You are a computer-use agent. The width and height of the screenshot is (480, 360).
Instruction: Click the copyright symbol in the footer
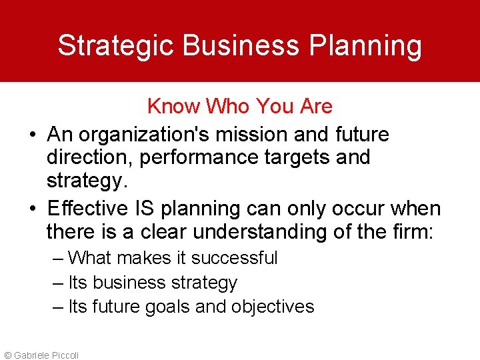[7, 355]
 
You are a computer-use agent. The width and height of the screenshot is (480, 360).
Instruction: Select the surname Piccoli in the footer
[63, 355]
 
